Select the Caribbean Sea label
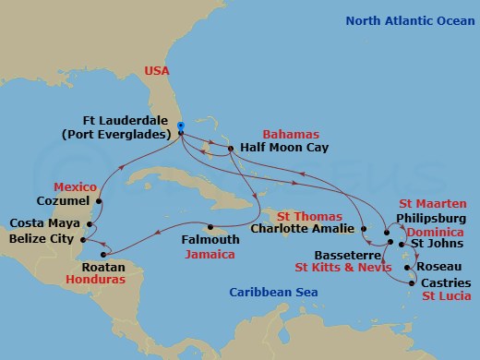(269, 294)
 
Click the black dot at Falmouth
(211, 227)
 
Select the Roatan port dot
(111, 255)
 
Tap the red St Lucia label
(446, 295)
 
